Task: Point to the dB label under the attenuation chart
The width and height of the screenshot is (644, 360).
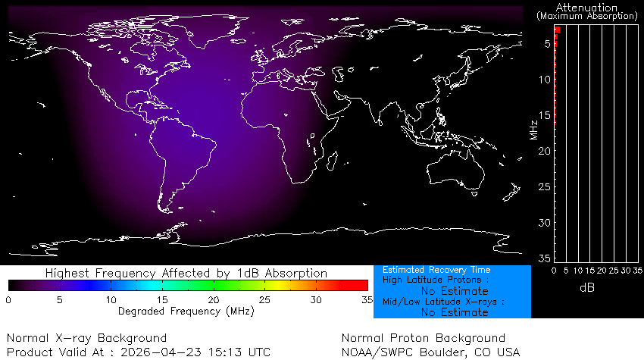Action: pos(586,287)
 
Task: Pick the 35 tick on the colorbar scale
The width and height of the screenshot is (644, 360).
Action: pos(366,300)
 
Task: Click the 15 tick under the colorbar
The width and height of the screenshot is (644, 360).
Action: pos(161,300)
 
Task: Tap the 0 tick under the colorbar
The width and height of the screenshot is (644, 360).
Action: pos(8,300)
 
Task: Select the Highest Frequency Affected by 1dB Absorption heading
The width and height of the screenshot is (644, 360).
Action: pos(186,273)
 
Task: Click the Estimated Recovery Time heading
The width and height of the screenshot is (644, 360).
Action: pos(436,270)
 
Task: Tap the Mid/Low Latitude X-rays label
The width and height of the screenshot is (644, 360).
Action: pos(443,302)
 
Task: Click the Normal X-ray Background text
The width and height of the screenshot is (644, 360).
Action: pos(86,338)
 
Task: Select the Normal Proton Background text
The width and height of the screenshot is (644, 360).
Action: pos(423,338)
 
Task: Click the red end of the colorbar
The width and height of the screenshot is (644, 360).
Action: pos(362,286)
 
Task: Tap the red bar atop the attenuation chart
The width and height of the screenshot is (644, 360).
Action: pos(557,30)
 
